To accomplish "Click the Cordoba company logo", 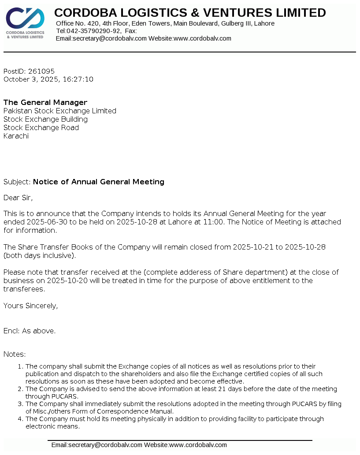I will (x=25, y=23).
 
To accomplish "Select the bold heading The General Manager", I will (x=45, y=102).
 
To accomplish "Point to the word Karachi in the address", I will (x=16, y=136).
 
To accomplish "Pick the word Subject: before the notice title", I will (x=17, y=182).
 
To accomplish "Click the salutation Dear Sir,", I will (x=18, y=198).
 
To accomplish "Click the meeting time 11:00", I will (x=214, y=222).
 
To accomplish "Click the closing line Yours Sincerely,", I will (x=30, y=306).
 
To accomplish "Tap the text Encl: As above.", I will (x=30, y=331).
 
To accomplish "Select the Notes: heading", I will (x=15, y=354).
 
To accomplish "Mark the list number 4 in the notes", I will (x=20, y=419).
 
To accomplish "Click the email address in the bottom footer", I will (x=97, y=445).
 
